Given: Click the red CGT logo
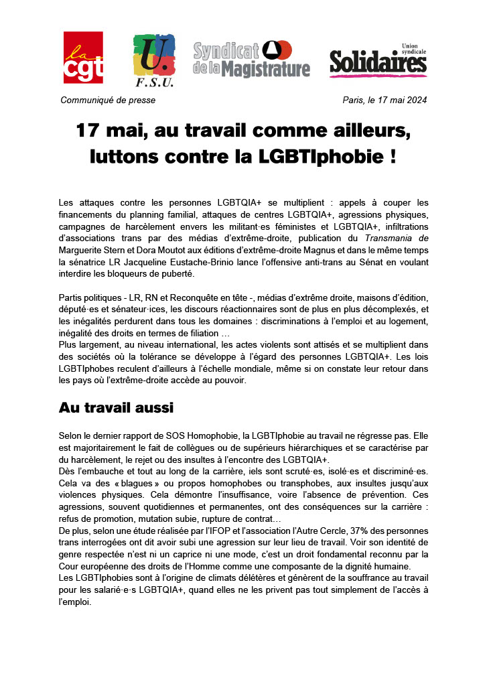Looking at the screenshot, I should coord(83,58).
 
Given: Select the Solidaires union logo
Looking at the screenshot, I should coord(378,61).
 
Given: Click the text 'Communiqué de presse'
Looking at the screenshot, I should coord(108,100).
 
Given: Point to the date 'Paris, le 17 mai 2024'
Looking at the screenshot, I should coord(385,100).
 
